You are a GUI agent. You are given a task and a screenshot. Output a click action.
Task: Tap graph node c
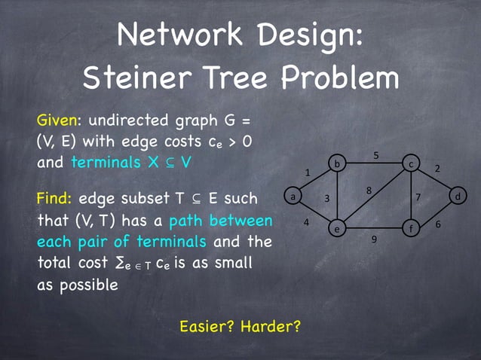click(411, 163)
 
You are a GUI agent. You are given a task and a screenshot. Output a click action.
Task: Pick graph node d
click(458, 197)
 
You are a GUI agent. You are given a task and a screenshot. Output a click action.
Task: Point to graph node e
click(337, 227)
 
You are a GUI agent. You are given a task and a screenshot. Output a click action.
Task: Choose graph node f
click(412, 227)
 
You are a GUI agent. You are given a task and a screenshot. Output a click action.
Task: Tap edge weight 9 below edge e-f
click(374, 239)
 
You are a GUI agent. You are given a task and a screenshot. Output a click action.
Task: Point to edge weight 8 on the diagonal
click(369, 191)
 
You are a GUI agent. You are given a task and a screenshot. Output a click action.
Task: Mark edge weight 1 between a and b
click(308, 173)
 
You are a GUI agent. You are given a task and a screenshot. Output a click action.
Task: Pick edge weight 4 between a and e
click(306, 222)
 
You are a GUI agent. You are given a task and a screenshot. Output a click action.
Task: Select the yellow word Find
click(54, 200)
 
